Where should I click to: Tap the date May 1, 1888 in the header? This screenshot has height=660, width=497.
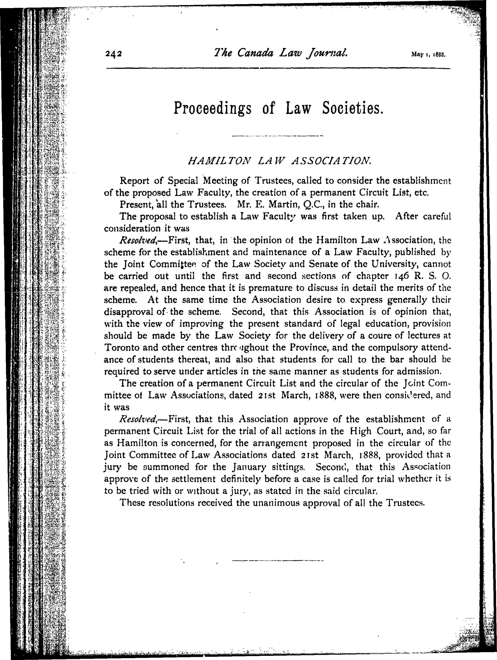click(x=428, y=55)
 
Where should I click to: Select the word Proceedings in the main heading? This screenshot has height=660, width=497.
click(x=212, y=108)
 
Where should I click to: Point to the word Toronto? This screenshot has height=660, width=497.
click(x=121, y=347)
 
